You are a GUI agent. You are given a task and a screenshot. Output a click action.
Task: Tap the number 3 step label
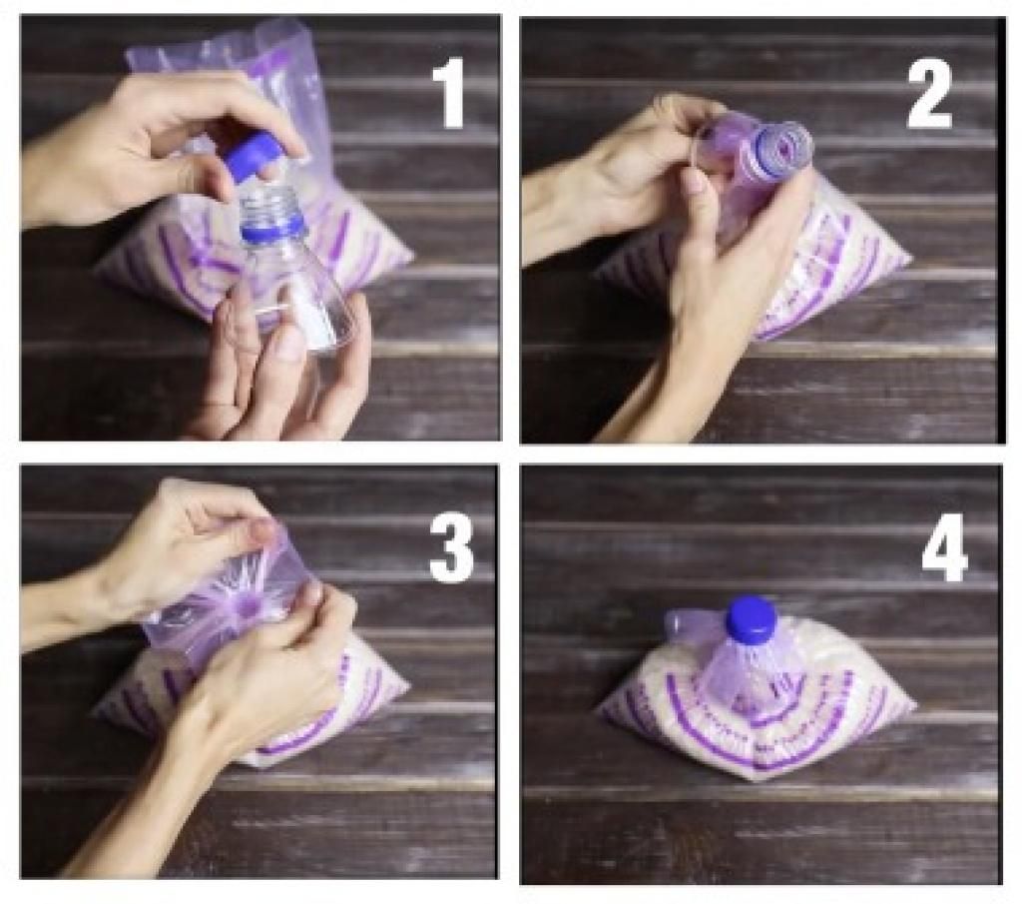[452, 546]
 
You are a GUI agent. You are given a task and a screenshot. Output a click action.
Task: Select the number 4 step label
[944, 546]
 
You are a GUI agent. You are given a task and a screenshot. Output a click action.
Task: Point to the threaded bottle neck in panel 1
[267, 201]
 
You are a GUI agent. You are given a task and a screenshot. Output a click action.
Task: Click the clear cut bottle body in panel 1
[293, 287]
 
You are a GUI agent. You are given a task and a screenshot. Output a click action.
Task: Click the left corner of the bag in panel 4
[602, 710]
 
